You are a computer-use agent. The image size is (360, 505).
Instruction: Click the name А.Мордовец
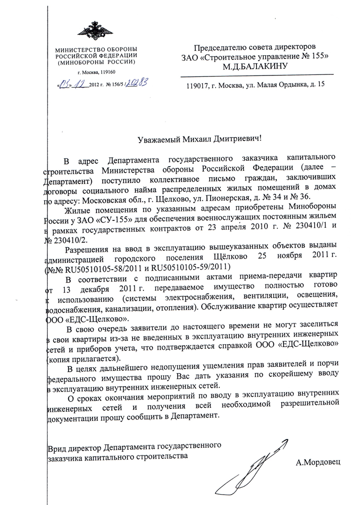318,462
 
